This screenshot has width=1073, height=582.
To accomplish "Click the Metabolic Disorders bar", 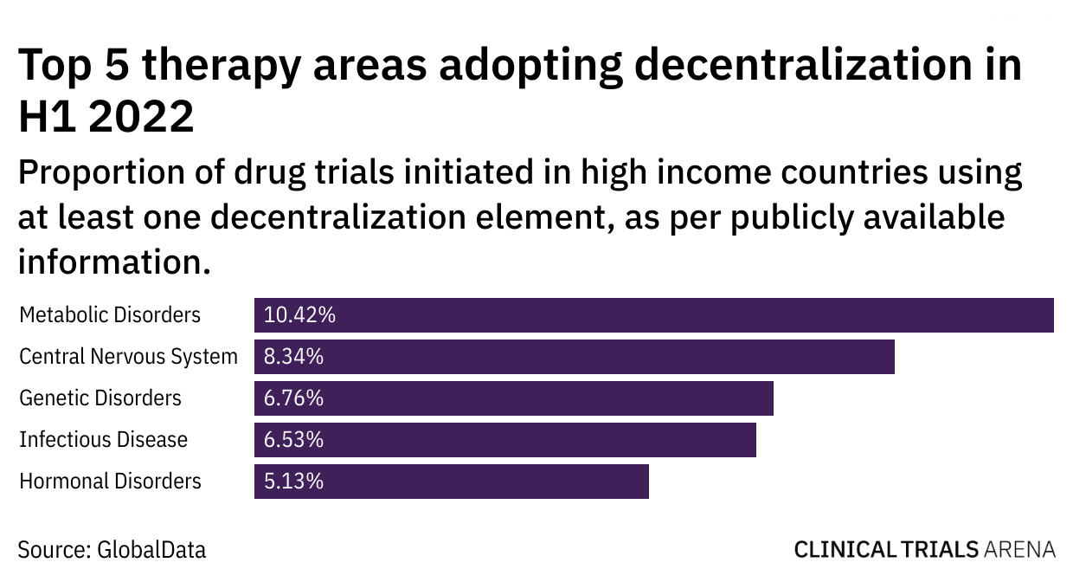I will click(653, 315).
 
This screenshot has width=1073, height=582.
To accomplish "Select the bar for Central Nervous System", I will click(574, 357).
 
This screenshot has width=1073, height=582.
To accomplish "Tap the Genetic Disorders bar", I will click(513, 398).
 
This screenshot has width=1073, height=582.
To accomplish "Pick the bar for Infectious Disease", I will click(504, 440).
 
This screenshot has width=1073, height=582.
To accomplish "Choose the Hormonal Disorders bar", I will click(451, 482).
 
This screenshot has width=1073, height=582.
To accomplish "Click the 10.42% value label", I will click(299, 315).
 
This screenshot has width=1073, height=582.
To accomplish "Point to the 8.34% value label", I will click(293, 357).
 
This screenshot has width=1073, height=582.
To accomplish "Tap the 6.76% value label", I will click(293, 398).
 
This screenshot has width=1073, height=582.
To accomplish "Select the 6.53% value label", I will click(293, 440).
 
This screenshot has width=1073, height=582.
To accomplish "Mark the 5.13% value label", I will click(293, 482).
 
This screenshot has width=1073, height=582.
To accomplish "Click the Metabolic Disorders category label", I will click(110, 315).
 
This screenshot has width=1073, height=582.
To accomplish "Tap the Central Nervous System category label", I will click(128, 357).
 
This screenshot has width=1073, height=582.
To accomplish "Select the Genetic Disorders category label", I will click(100, 398).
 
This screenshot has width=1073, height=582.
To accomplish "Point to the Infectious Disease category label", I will click(103, 440).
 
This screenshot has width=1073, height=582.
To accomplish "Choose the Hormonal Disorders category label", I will click(110, 482).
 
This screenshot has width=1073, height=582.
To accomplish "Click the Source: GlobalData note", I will click(112, 549).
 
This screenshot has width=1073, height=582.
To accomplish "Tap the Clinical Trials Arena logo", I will click(924, 549).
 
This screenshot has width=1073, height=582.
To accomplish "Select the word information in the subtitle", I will click(113, 260).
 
